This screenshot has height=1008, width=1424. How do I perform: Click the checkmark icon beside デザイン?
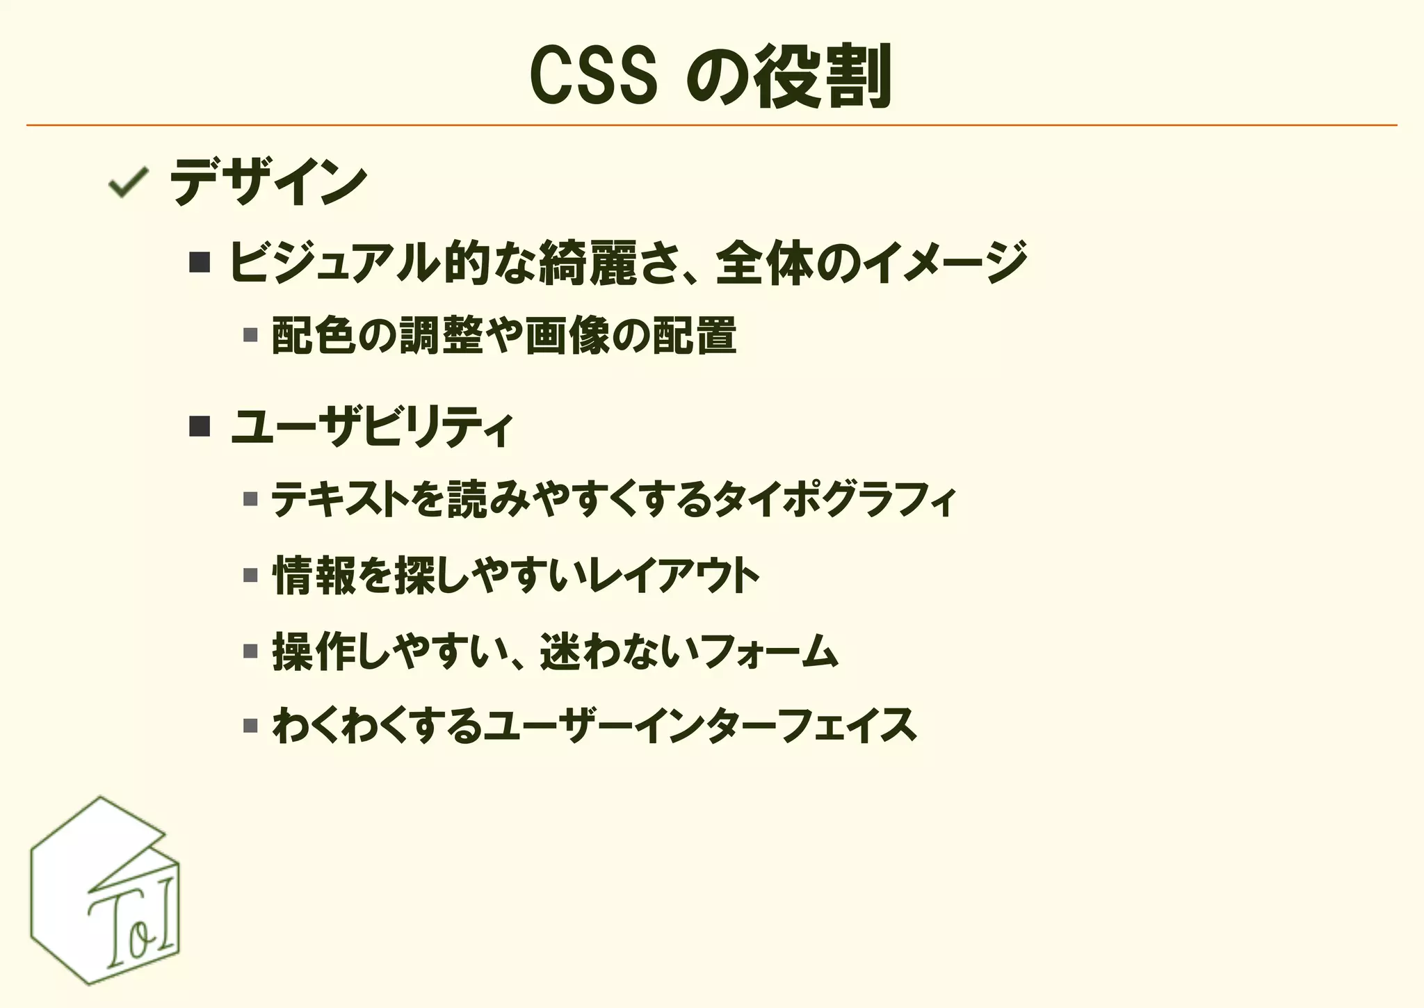point(127,182)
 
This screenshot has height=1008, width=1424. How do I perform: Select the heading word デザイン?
point(268,182)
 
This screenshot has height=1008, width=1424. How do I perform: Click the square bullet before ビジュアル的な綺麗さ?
point(200,263)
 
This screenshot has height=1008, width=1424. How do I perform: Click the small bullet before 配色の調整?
point(250,336)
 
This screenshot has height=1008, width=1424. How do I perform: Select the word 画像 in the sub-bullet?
point(567,336)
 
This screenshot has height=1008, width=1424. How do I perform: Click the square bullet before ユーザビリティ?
point(200,426)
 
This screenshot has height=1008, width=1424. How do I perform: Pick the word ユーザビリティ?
point(372,426)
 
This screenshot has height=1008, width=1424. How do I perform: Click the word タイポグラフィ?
point(834,499)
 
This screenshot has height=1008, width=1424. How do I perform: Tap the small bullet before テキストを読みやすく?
point(250,499)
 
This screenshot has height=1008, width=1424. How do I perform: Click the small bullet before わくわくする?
point(250,726)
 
